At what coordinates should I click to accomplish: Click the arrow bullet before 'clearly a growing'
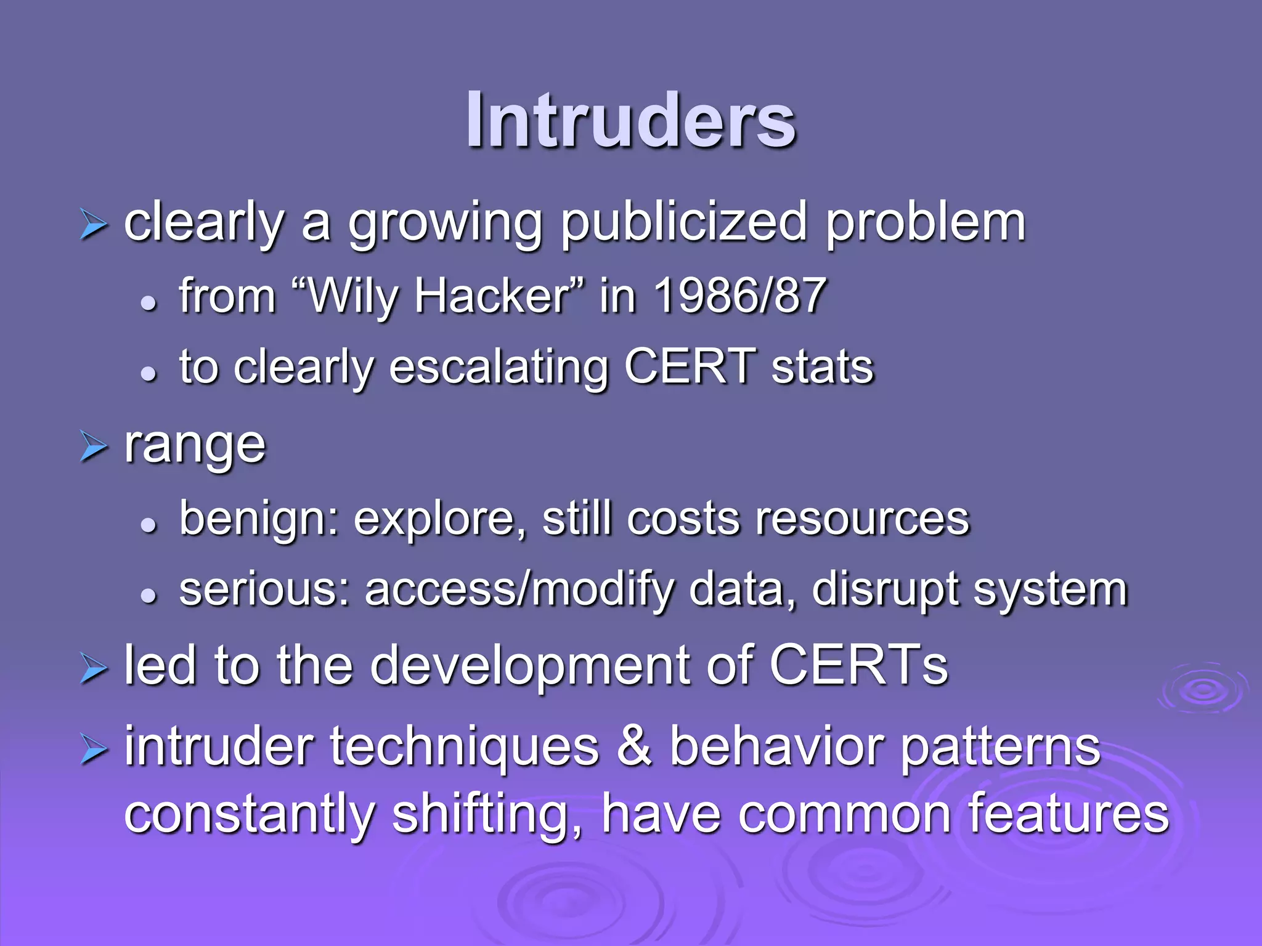pyautogui.click(x=94, y=225)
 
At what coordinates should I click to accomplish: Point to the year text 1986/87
pyautogui.click(x=739, y=296)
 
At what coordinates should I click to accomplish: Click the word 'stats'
pyautogui.click(x=822, y=367)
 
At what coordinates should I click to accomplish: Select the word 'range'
pyautogui.click(x=195, y=446)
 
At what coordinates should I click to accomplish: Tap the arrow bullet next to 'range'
pyautogui.click(x=94, y=447)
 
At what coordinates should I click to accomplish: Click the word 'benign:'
pyautogui.click(x=259, y=519)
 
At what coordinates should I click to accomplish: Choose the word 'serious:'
pyautogui.click(x=264, y=590)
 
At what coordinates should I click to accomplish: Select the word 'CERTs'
pyautogui.click(x=858, y=665)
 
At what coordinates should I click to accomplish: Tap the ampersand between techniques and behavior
pyautogui.click(x=634, y=746)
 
